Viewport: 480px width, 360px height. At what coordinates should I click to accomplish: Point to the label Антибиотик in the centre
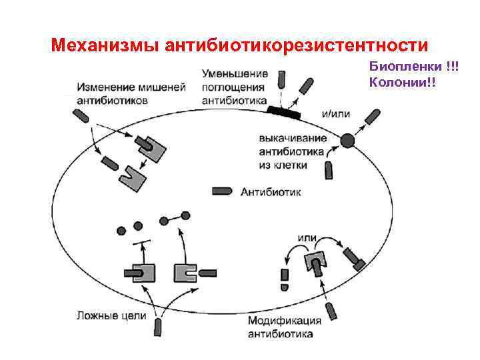(271, 192)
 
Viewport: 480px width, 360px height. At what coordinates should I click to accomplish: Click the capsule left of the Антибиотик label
(221, 191)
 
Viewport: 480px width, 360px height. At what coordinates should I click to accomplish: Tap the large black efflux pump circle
(347, 140)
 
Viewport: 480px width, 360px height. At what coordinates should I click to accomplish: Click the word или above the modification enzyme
(307, 237)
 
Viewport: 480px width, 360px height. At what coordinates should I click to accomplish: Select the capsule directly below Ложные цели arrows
(159, 326)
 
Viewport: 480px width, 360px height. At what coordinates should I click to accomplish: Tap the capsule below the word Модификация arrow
(331, 311)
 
